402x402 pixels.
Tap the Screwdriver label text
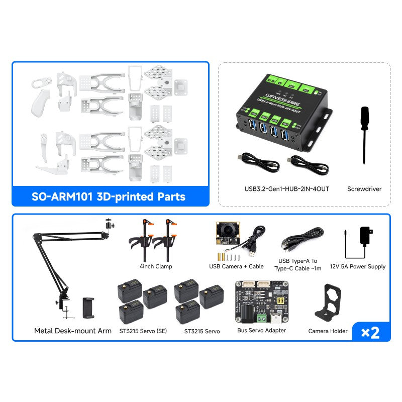tap(364, 189)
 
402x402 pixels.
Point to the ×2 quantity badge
tap(370, 332)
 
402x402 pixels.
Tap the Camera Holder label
tap(328, 331)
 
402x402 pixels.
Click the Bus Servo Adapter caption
tap(261, 330)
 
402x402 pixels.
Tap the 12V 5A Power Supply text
tap(357, 266)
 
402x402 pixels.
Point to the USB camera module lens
tap(228, 229)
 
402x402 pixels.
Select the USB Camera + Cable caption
tap(236, 266)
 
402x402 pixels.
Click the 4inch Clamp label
tap(156, 266)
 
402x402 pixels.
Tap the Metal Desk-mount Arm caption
tap(73, 331)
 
